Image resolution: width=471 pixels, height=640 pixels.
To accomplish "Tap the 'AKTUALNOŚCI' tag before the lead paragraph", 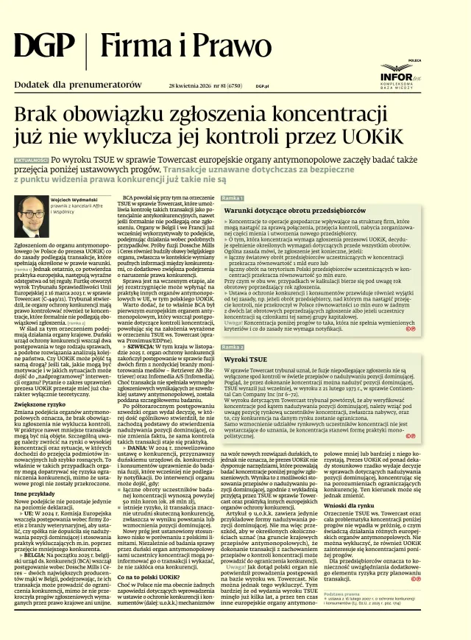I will pyautogui.click(x=32, y=160).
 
